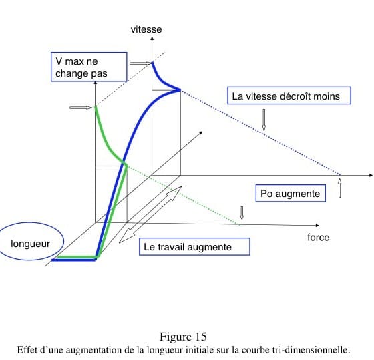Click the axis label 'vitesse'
click(x=146, y=29)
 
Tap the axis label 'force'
click(x=318, y=238)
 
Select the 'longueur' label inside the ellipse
click(x=30, y=244)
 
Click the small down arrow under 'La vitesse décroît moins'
click(x=264, y=120)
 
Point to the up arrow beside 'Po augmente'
click(x=340, y=188)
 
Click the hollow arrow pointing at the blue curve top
click(x=140, y=63)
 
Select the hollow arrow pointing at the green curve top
click(x=81, y=108)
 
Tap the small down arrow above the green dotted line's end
click(x=242, y=213)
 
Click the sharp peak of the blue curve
click(x=180, y=90)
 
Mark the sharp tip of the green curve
click(x=126, y=164)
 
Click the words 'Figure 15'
click(x=183, y=337)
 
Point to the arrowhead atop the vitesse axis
click(x=152, y=39)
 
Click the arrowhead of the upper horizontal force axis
click(x=371, y=176)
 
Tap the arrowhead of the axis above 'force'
click(x=317, y=226)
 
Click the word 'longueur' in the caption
click(x=164, y=350)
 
